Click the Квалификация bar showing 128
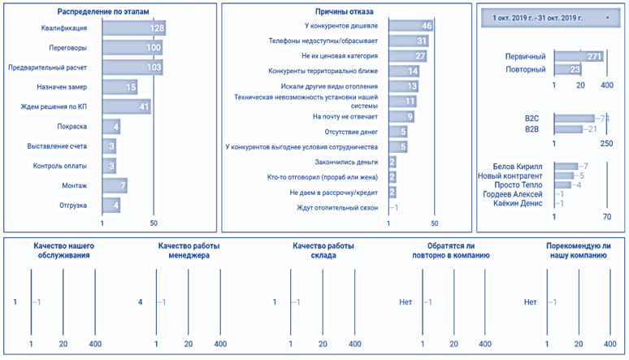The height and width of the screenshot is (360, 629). coord(134,28)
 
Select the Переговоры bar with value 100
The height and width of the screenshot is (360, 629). coord(132,48)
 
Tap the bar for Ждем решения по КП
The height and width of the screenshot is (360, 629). coord(127,106)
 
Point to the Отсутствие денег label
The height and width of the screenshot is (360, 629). coord(352,132)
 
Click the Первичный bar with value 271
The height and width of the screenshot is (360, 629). coord(578,56)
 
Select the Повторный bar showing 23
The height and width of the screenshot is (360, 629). coord(566,70)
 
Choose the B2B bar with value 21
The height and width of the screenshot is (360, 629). coord(569,129)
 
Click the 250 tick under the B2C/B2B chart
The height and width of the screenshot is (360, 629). coord(606,144)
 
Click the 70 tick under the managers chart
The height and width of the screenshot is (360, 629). coord(606,217)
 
